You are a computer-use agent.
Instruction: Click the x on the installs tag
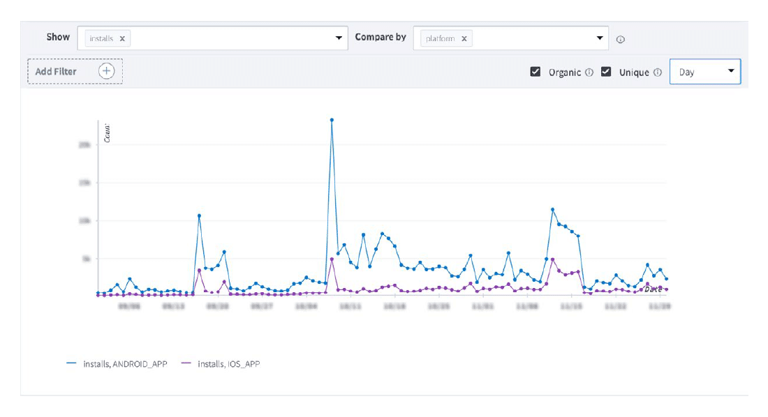(x=122, y=39)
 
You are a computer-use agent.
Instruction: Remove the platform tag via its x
(x=464, y=39)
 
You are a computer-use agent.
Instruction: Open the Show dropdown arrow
(x=339, y=38)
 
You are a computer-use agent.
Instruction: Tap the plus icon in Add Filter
(x=106, y=71)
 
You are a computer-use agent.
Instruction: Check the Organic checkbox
(x=536, y=72)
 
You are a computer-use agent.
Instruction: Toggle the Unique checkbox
(x=606, y=72)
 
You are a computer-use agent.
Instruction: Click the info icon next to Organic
(x=589, y=73)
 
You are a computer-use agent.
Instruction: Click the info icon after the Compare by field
(x=620, y=40)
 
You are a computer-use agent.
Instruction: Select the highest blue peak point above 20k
(x=332, y=120)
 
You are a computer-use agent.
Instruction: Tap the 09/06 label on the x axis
(x=129, y=305)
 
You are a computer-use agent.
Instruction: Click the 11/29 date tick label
(x=660, y=305)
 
